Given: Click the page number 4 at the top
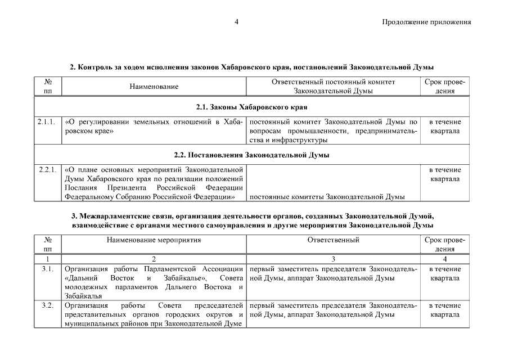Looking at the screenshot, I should [x=237, y=22].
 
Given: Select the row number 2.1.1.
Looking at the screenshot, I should [x=47, y=122].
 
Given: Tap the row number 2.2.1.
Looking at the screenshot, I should [x=47, y=169].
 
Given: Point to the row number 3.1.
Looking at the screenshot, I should [x=47, y=269].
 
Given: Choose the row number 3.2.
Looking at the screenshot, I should [x=47, y=305].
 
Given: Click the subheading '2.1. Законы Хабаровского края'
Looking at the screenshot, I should [x=251, y=106].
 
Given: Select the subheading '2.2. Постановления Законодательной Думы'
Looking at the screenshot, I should [x=251, y=154].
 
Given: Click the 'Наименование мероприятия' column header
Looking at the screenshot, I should [x=154, y=240].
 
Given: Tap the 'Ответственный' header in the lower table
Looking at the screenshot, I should [x=333, y=240].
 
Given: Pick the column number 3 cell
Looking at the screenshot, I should [x=333, y=259].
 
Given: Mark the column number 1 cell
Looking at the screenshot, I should [x=47, y=259].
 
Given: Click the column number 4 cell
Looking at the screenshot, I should [x=445, y=259].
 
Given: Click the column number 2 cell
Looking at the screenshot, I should [x=154, y=259].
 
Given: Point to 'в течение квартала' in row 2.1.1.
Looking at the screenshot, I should [x=445, y=127].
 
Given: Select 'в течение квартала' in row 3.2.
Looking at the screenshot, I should [x=445, y=310].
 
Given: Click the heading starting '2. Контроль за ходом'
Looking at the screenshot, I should [x=251, y=67].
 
